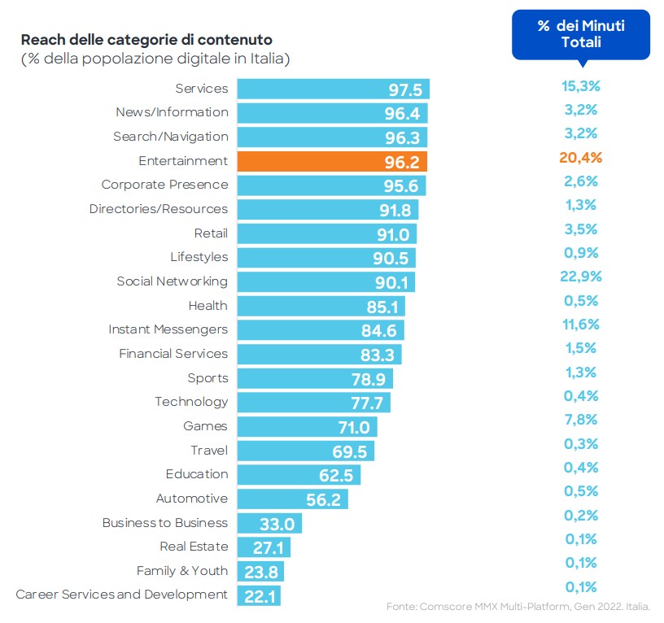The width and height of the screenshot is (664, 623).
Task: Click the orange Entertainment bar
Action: pos(331,161)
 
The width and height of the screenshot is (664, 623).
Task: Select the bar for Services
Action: pos(333,89)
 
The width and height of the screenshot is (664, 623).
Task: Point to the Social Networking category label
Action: pos(172,281)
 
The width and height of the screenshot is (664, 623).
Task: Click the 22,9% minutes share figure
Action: pos(580,277)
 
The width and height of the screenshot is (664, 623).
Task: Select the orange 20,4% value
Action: pos(580,157)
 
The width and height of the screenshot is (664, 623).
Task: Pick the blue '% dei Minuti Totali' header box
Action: pos(580,34)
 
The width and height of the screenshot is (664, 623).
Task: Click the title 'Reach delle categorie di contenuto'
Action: pos(146,40)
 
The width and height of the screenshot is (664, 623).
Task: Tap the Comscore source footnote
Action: pos(518,607)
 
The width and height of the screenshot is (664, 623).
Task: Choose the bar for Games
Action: pos(307,427)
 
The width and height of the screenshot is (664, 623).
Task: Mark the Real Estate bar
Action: pos(264,547)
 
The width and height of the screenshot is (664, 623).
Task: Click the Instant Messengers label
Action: pos(168,329)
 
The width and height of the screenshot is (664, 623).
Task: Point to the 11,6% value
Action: pos(580,325)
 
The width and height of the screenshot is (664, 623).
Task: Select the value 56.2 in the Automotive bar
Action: pos(324,499)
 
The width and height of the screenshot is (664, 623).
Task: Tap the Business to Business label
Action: pos(165,523)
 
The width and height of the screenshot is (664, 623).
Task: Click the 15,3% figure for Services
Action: pos(580,85)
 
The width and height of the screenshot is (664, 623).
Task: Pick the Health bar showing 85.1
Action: pos(321,306)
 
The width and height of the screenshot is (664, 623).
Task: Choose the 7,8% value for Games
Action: pos(580,420)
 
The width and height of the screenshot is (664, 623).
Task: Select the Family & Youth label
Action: pos(182,571)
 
